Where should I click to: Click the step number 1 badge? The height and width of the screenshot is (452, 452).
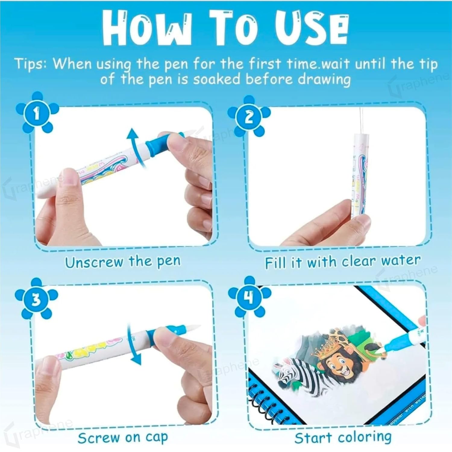click(x=36, y=114)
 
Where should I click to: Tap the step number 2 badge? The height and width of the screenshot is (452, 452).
click(x=249, y=117)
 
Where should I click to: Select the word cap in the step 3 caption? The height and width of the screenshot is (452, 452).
click(x=155, y=438)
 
